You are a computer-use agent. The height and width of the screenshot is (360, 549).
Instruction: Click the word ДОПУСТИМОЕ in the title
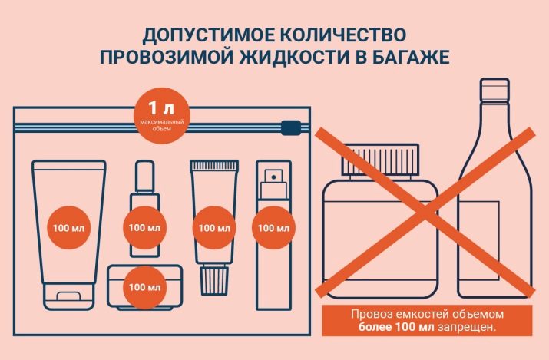[x=208, y=35]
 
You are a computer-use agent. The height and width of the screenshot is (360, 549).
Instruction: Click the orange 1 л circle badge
[x=161, y=116]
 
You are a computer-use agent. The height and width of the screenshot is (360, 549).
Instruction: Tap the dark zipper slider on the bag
[x=291, y=127]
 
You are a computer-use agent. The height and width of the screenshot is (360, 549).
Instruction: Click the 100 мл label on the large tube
[x=68, y=228]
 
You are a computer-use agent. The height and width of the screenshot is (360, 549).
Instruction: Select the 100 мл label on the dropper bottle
[x=144, y=228]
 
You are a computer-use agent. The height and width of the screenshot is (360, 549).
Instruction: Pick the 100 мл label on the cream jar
[x=144, y=287]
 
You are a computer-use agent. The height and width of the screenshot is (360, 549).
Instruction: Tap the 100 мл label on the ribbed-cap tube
[x=214, y=228]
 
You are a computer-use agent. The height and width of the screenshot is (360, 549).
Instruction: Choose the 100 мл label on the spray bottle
[x=273, y=228]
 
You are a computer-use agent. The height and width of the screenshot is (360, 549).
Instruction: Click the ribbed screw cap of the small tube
[x=214, y=280]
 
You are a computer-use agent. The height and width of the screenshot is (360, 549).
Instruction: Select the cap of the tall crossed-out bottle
[x=494, y=90]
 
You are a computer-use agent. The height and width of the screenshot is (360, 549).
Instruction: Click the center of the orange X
[x=425, y=213]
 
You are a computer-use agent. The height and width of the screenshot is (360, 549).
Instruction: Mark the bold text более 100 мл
[x=396, y=328]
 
